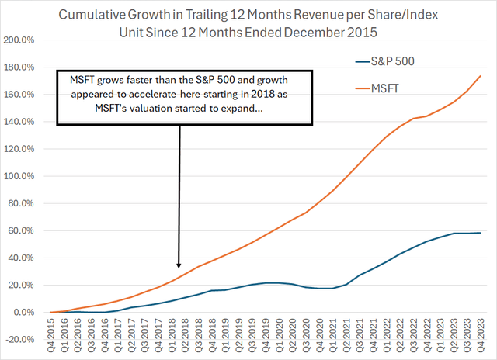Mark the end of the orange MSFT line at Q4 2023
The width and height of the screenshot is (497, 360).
coord(481,75)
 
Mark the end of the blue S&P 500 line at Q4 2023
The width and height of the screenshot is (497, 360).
coord(481,233)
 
